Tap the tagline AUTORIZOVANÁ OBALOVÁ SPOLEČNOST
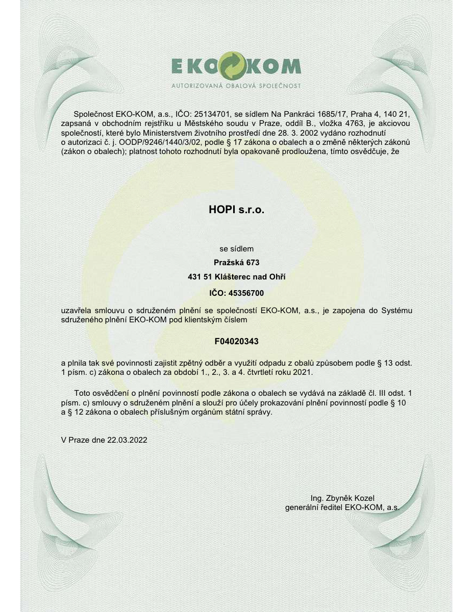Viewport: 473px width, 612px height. [x=236, y=86]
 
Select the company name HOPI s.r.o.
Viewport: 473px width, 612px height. [x=236, y=209]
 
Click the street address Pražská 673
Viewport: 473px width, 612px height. [x=236, y=263]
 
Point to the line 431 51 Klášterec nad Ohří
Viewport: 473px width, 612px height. [x=236, y=277]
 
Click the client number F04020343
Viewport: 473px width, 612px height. [x=236, y=339]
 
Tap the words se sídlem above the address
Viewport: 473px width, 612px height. [x=236, y=249]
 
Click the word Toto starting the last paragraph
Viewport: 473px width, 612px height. [x=82, y=393]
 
